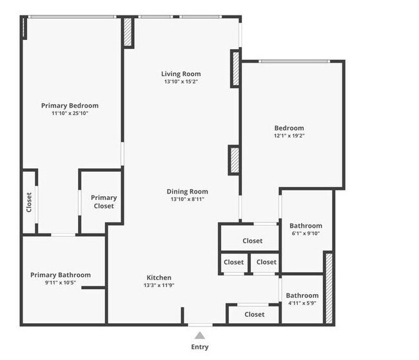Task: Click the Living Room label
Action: tap(181, 74)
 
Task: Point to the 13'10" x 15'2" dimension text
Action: tap(181, 82)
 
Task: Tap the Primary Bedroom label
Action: tap(70, 105)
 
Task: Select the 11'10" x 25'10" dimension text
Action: tap(70, 114)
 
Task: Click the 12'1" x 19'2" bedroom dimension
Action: tap(289, 136)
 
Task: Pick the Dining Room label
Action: tap(187, 192)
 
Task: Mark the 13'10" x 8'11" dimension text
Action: tap(187, 199)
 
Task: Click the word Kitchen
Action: tap(158, 277)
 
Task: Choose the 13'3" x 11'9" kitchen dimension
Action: tap(158, 285)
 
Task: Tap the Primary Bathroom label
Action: tap(61, 275)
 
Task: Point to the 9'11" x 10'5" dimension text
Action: tap(61, 283)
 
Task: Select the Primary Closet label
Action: tap(103, 202)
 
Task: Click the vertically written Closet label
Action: tap(29, 203)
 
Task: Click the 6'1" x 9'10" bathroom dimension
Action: tap(305, 234)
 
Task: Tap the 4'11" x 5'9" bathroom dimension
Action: tap(302, 303)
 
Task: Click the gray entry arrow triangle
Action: tap(200, 335)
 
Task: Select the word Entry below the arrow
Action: tap(200, 347)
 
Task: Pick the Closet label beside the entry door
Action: tap(255, 314)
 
